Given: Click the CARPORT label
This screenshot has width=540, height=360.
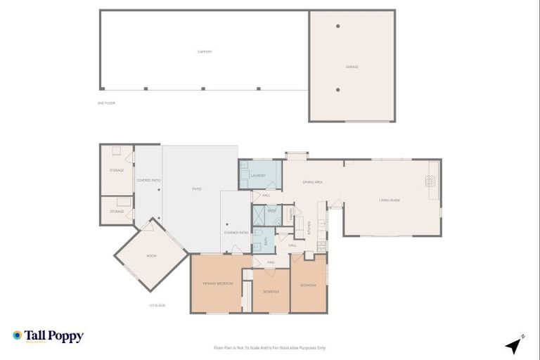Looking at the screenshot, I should click(x=205, y=52).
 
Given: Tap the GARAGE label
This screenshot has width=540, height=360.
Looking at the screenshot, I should click(x=352, y=67).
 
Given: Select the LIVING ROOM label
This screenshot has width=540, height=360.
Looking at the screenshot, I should click(x=390, y=200).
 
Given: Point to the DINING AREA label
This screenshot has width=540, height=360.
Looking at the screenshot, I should click(x=312, y=182).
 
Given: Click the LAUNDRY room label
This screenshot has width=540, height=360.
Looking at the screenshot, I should click(x=257, y=175).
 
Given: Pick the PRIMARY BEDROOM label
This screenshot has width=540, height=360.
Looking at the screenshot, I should click(x=218, y=283).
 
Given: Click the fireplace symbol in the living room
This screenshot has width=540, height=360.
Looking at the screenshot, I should click(x=430, y=180).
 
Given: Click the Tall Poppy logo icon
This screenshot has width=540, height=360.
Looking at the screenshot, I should click(x=17, y=335).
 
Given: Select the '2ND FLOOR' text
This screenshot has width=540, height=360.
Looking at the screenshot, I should click(x=105, y=103).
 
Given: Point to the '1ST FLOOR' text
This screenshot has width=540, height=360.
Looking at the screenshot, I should click(x=156, y=306).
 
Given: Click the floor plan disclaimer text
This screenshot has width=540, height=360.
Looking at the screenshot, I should click(x=269, y=347).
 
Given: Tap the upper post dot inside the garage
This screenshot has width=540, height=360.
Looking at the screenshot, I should click(x=338, y=26).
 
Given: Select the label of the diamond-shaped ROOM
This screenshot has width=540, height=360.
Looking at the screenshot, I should click(x=151, y=256).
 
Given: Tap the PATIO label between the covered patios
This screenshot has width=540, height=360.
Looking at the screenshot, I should click(x=198, y=189).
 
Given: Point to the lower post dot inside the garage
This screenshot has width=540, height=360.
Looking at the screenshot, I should click(x=338, y=89).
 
